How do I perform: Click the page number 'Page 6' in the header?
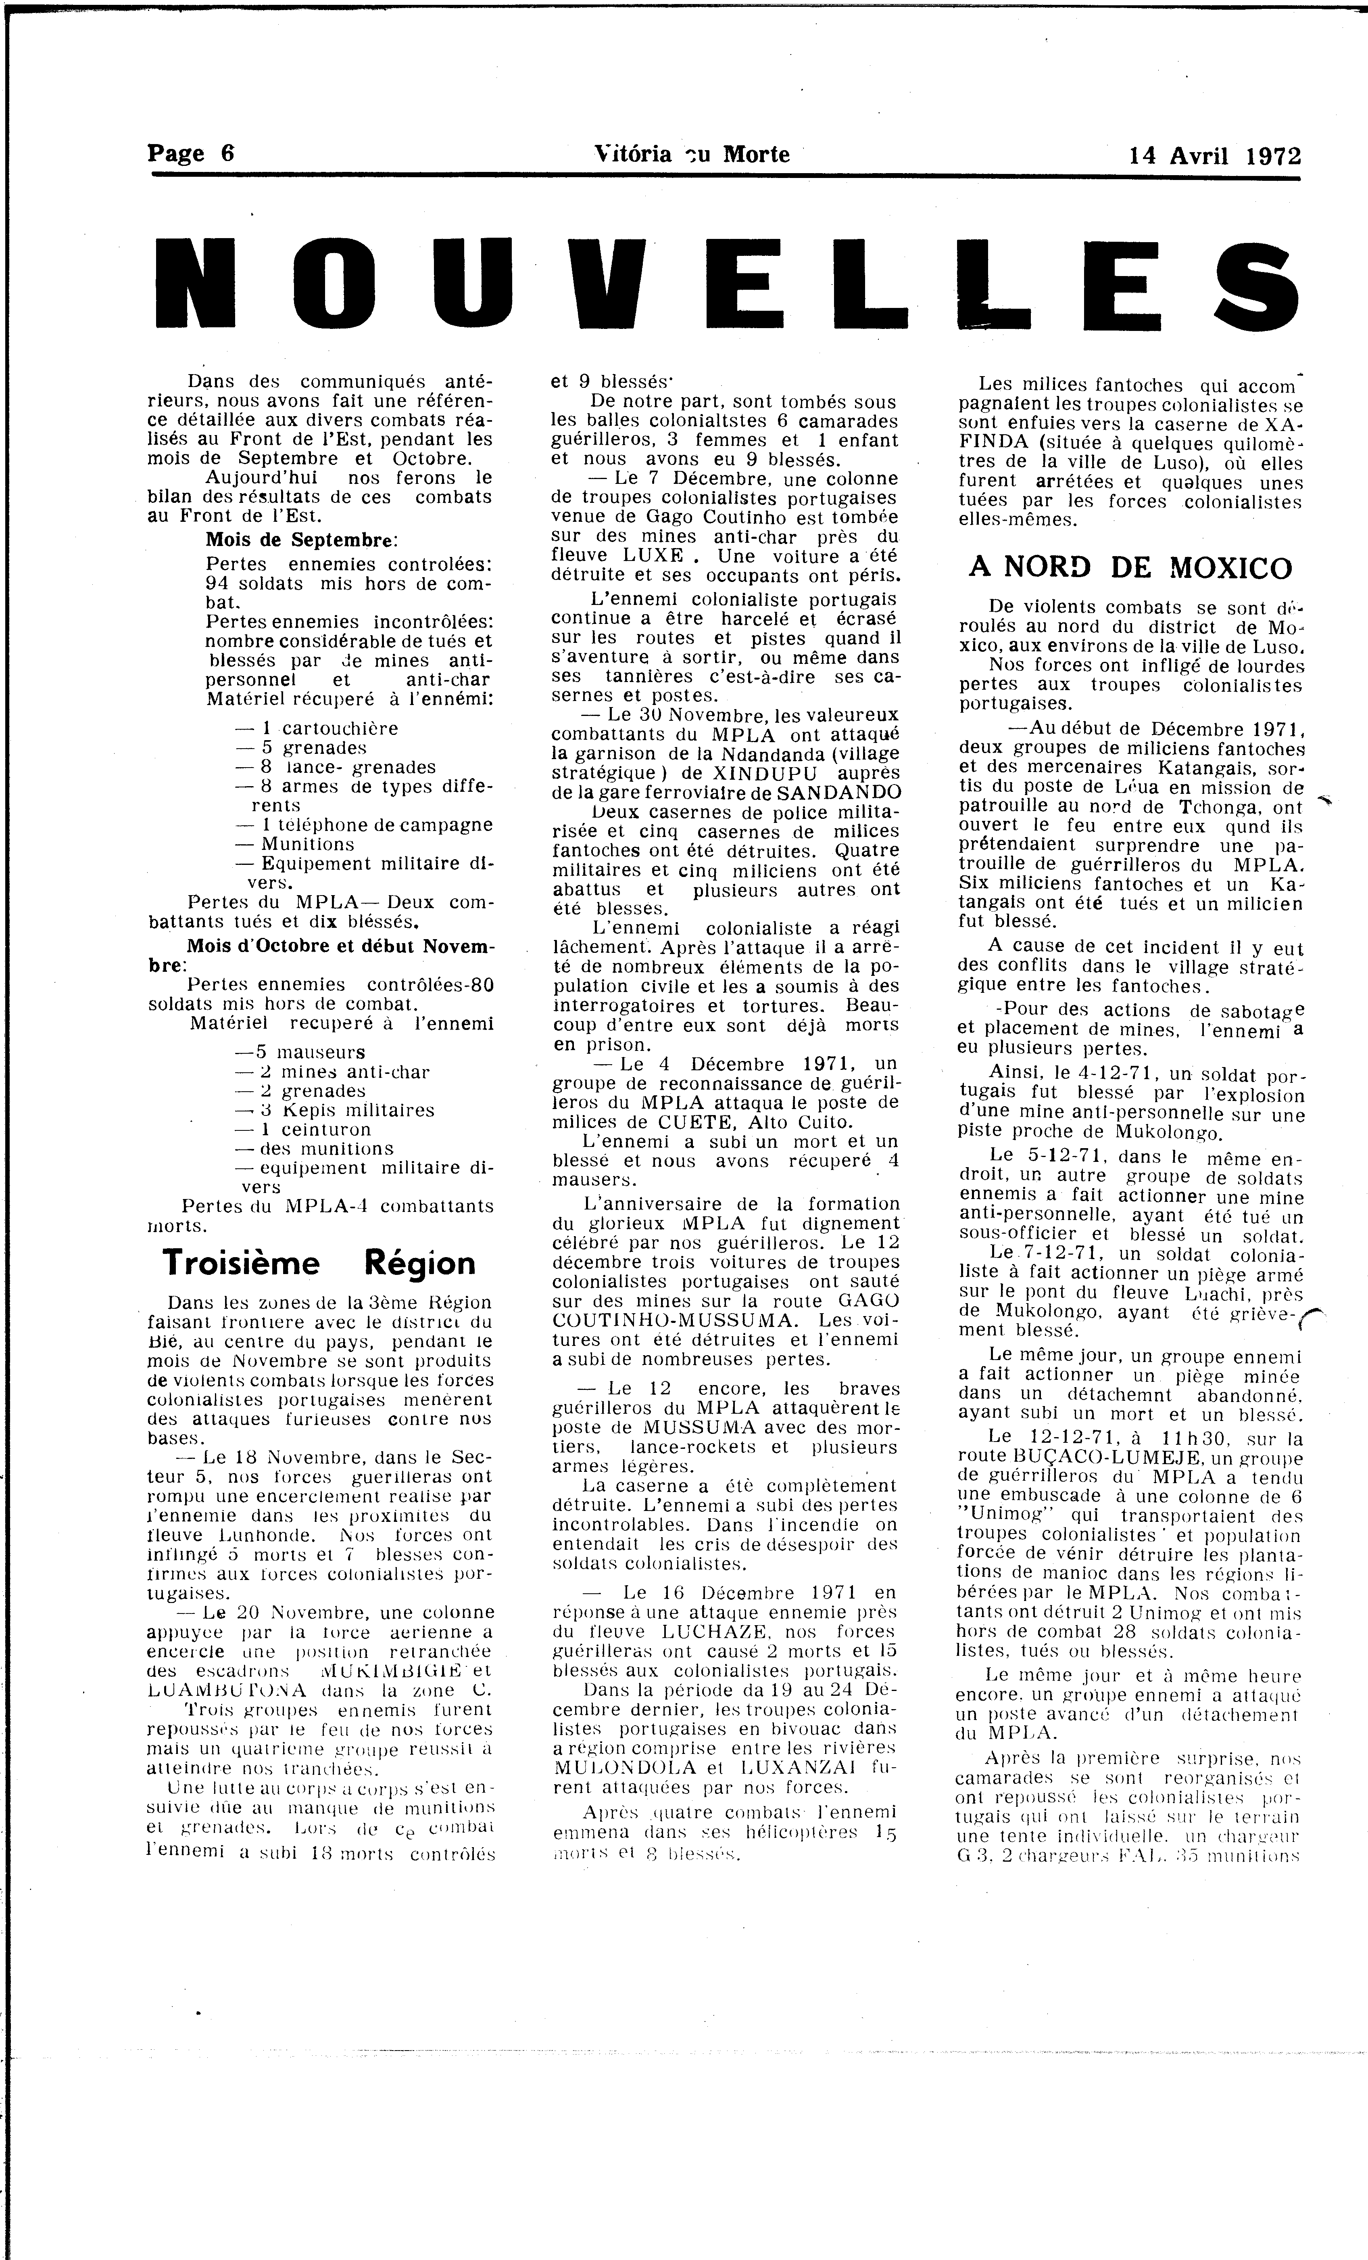[191, 153]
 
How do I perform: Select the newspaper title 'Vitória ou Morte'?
[691, 154]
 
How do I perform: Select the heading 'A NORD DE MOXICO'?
[1130, 569]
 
